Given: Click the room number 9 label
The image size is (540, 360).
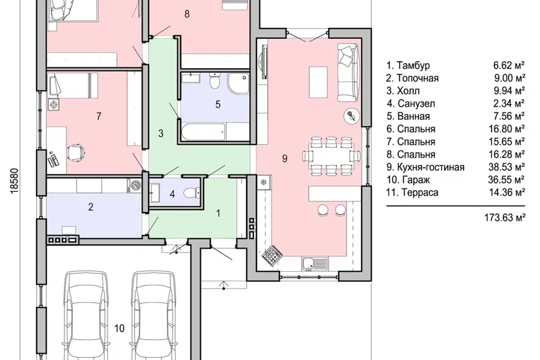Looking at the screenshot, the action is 285,159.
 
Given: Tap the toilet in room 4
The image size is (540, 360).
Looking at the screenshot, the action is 191,193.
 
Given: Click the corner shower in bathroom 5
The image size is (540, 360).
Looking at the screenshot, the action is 238,83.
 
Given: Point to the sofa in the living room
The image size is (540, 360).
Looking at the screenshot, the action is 348,73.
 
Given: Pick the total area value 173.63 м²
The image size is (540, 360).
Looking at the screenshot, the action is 505,218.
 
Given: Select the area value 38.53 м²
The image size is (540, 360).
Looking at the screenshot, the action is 507,167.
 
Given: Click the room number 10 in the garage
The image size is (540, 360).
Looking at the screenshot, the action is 119,328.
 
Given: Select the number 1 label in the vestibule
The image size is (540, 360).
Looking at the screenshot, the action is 218,214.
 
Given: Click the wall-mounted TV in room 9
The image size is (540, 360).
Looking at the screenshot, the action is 264,62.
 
